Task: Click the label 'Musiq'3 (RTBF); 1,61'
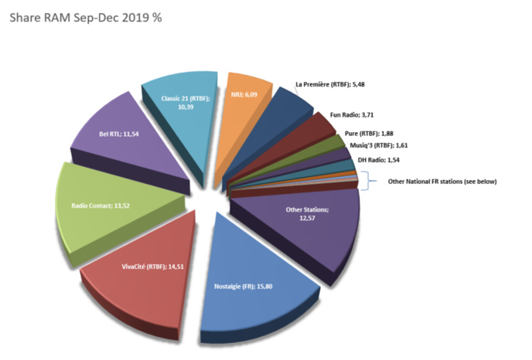(x=380, y=144)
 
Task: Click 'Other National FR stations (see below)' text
(x=442, y=182)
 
